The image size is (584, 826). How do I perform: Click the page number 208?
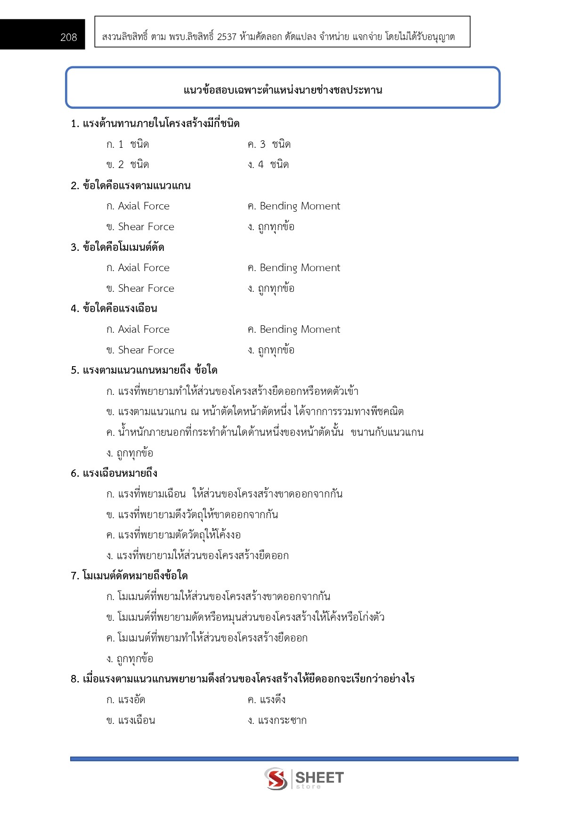pos(68,37)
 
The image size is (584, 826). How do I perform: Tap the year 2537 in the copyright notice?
pos(227,37)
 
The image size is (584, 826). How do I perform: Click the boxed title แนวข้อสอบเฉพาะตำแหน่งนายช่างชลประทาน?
pos(283,90)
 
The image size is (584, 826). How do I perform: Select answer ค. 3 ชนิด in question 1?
pos(269,144)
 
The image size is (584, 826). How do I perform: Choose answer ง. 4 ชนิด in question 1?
pos(268,165)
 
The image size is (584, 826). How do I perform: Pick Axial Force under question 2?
pos(138,206)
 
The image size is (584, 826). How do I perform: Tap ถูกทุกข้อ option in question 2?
pos(271,227)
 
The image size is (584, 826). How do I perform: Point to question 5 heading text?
pos(144,370)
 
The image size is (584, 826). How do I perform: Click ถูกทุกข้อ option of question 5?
pos(130,453)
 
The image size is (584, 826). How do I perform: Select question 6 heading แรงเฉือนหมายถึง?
pos(114,473)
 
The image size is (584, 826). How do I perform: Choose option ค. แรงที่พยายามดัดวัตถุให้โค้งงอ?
pos(173,535)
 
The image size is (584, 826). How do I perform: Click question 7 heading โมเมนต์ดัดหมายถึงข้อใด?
pos(129,576)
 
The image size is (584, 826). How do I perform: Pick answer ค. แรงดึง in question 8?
pos(267,700)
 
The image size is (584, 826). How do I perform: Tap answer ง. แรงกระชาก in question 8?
pos(277,721)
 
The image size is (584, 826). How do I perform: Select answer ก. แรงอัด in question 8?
pos(126,700)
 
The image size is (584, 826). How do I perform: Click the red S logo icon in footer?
pos(276,778)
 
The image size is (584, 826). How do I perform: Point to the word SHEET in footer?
pos(319,777)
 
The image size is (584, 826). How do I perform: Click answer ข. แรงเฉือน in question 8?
pos(130,721)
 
